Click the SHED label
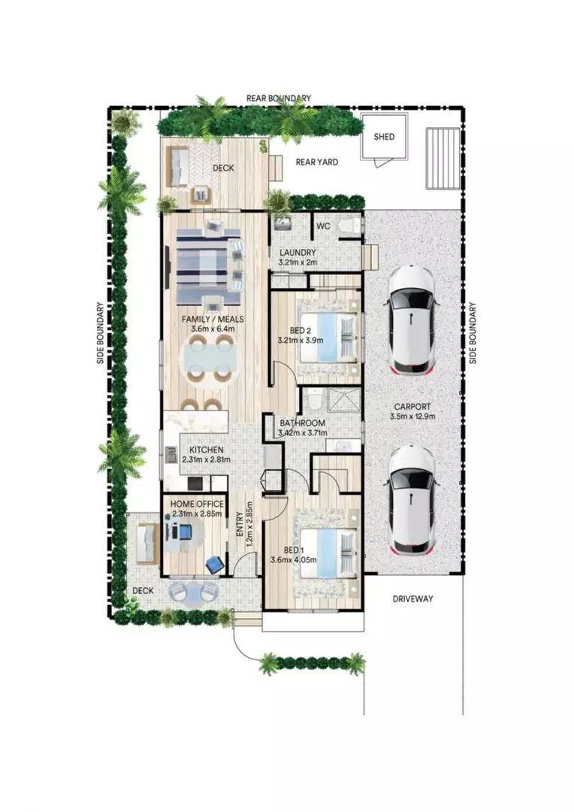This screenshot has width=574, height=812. tap(384, 137)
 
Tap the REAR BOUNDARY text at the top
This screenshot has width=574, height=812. tap(279, 98)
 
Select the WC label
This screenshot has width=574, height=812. tap(324, 226)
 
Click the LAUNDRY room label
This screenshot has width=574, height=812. tap(298, 253)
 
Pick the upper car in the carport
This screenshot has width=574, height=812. tap(412, 321)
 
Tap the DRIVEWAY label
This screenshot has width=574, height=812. tap(413, 598)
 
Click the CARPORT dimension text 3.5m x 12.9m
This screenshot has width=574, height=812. tap(413, 416)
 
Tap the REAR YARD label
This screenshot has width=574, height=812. tap(316, 162)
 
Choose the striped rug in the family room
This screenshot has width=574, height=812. tap(203, 259)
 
